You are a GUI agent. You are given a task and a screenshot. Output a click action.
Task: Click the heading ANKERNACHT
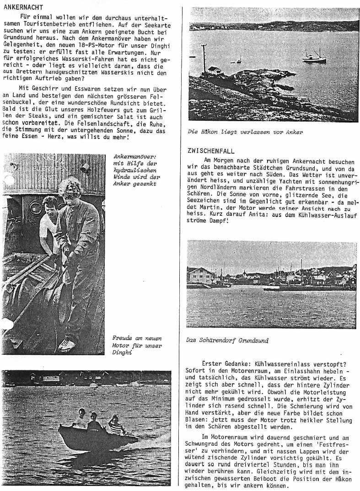(x=23, y=7)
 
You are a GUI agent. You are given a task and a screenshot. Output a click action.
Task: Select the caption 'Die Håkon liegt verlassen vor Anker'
(x=245, y=132)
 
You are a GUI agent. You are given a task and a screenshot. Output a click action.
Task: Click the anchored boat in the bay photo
(x=314, y=58)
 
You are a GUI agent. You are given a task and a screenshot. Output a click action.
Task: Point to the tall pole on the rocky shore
(x=204, y=58)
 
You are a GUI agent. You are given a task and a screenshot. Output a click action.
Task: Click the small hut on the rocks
(x=214, y=70)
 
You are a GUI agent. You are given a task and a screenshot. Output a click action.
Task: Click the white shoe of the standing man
(x=67, y=345)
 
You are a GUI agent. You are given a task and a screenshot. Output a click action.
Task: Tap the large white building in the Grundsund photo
(x=201, y=276)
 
